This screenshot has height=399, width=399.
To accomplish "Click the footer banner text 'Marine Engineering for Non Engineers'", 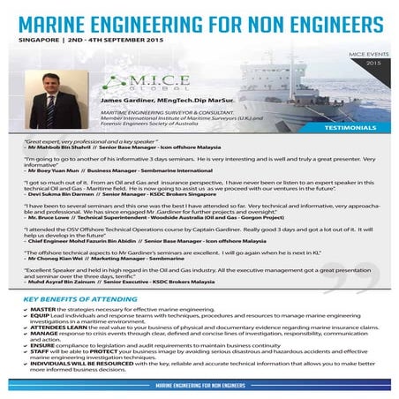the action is click(x=199, y=388).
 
